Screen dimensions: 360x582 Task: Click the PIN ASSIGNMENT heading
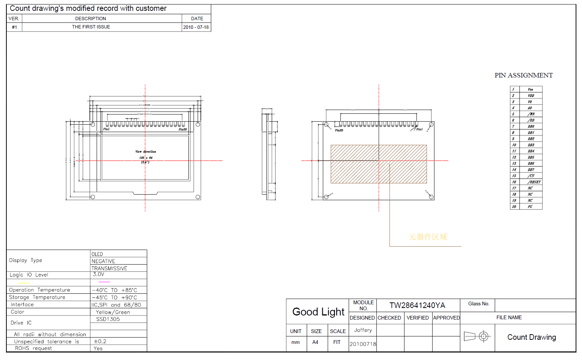(x=523, y=75)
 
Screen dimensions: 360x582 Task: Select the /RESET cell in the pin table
(x=534, y=182)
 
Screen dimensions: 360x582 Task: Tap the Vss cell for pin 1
(x=530, y=89)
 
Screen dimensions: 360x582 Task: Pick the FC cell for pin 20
(x=530, y=207)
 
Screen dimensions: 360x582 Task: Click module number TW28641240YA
(x=417, y=305)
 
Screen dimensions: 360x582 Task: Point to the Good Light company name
(x=318, y=312)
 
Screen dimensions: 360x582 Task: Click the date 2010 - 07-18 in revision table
(x=196, y=27)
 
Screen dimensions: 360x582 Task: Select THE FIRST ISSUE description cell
(x=91, y=27)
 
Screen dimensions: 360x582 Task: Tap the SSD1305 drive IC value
(x=108, y=319)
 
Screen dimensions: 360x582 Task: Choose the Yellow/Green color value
(x=113, y=312)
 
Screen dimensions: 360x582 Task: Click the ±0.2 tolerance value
(x=100, y=341)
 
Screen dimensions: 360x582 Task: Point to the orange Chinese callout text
(x=428, y=237)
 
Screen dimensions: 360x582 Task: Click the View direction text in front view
(x=146, y=152)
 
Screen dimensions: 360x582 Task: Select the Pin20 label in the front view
(x=182, y=129)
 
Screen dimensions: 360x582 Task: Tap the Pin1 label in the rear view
(x=419, y=129)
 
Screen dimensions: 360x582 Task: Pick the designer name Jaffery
(x=363, y=330)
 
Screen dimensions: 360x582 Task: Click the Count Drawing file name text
(x=531, y=337)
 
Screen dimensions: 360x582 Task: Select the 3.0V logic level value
(x=98, y=274)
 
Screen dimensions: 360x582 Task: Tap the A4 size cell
(x=315, y=342)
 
